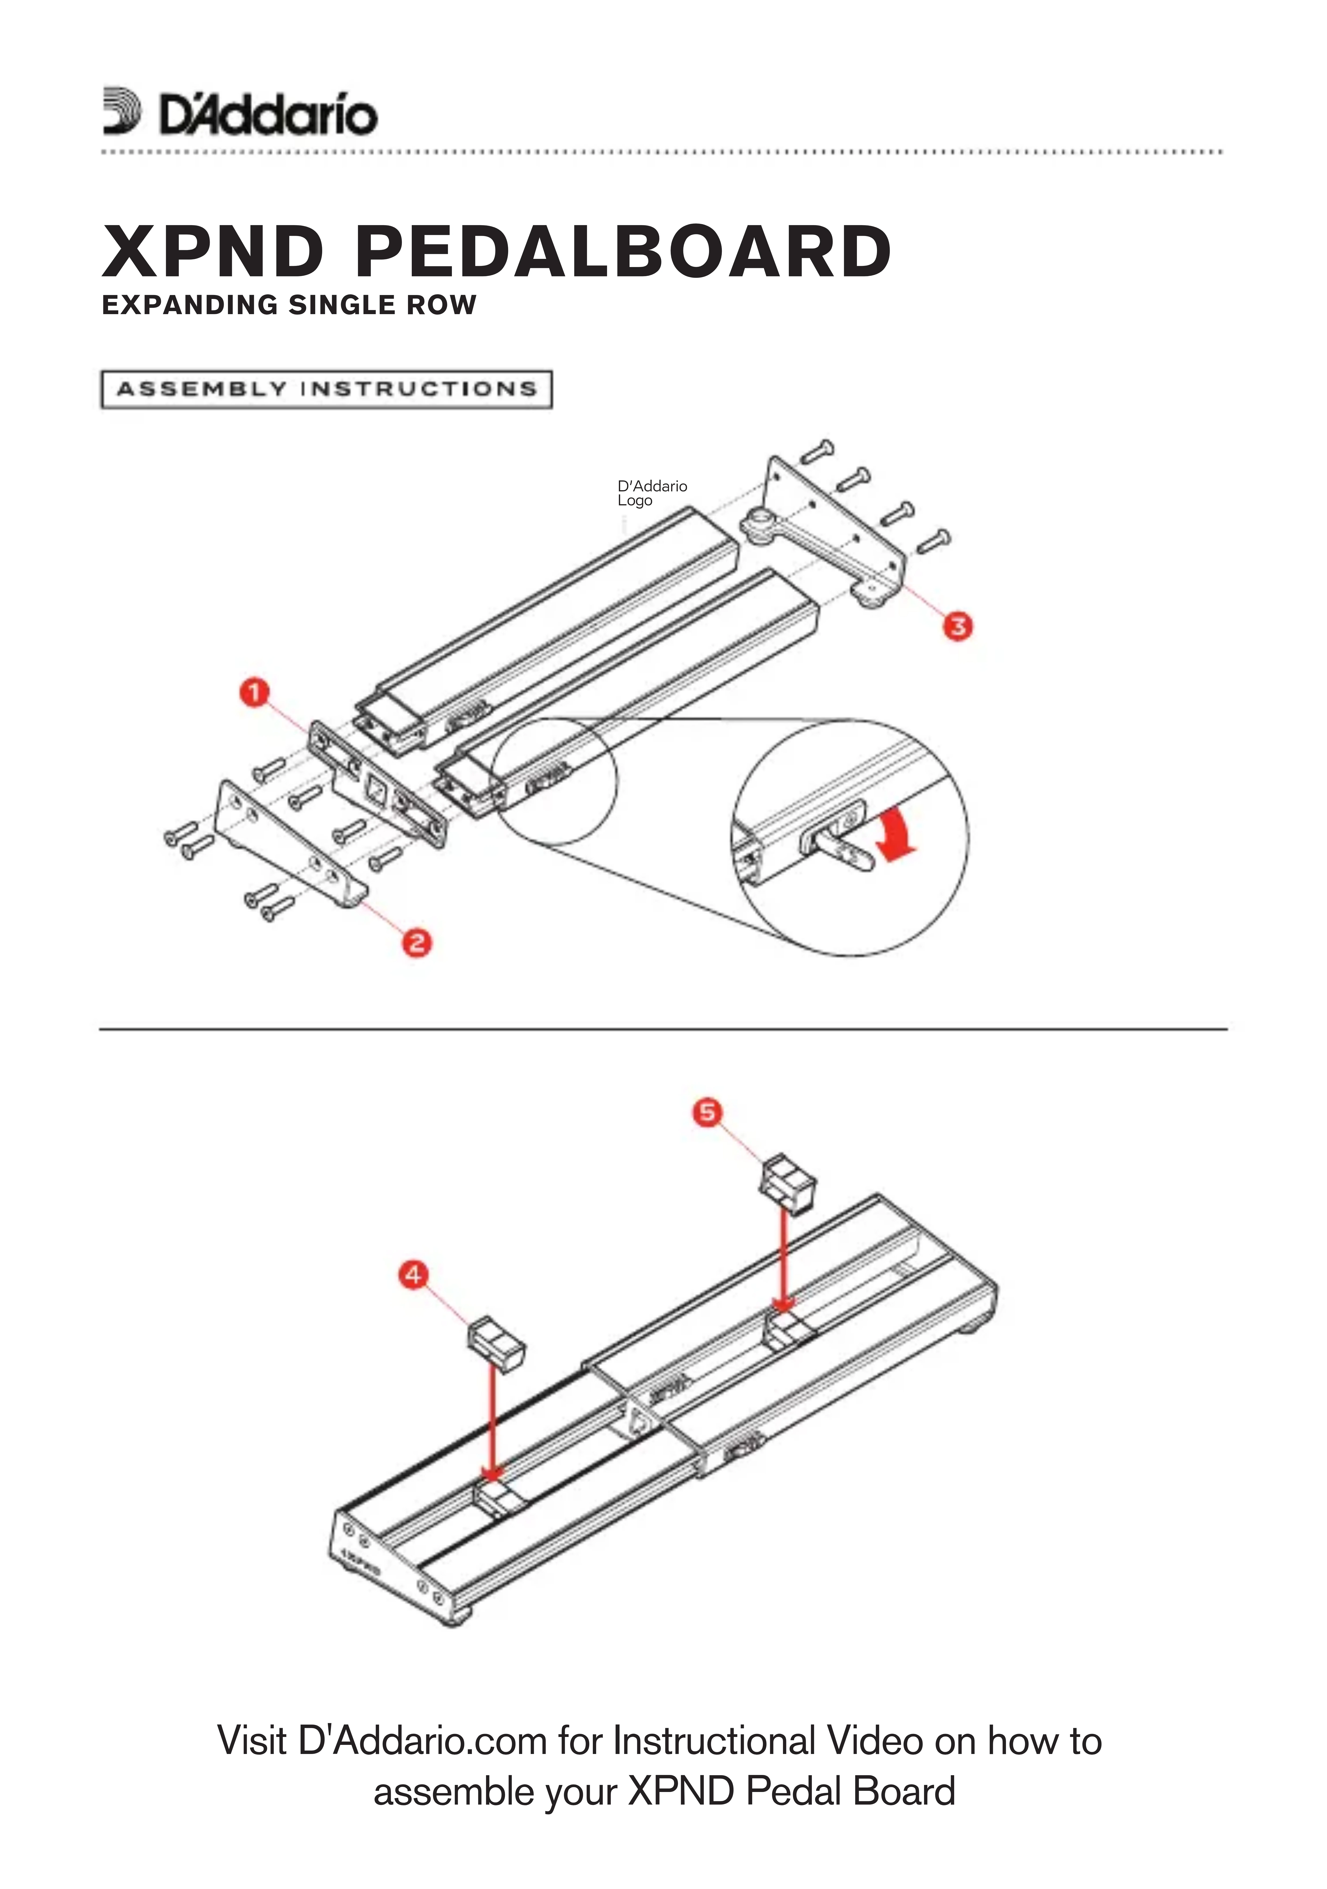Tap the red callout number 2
(416, 942)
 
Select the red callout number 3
(957, 626)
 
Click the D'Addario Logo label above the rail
(652, 493)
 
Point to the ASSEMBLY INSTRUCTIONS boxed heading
(326, 389)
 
